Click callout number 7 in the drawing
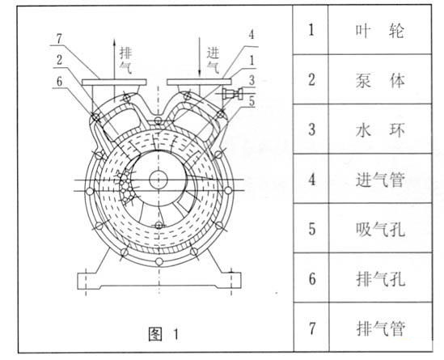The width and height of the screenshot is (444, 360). click(59, 39)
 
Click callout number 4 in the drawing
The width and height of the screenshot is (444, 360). click(252, 35)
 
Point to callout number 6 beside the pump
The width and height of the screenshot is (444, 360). click(59, 82)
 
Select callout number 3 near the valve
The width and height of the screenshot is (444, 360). click(252, 80)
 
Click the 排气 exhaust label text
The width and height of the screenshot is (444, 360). click(125, 61)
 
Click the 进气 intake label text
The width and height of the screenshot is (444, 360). click(213, 60)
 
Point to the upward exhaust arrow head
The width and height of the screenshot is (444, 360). click(114, 41)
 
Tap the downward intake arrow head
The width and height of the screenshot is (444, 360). click(200, 73)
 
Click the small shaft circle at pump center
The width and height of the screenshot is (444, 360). click(159, 180)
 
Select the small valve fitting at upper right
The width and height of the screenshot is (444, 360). click(233, 94)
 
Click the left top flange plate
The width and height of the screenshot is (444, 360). click(114, 83)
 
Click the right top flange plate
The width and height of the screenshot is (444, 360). click(199, 83)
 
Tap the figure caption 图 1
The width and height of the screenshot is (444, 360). click(163, 334)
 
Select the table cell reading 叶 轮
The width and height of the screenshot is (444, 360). click(379, 30)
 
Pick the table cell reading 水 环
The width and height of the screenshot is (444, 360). click(379, 130)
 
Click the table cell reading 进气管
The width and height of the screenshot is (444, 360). click(379, 180)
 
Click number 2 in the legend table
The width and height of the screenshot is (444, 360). click(311, 79)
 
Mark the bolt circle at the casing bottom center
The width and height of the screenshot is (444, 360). click(159, 260)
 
